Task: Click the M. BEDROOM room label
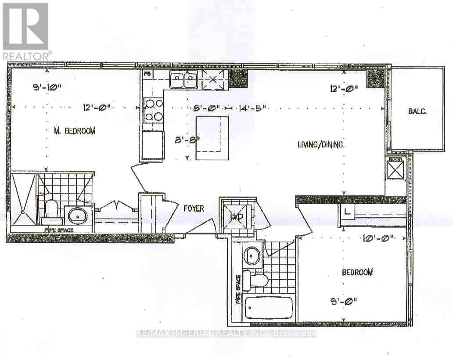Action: [74, 130]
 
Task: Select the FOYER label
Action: [193, 208]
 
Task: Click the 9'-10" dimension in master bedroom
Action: [47, 86]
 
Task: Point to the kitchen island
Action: [212, 138]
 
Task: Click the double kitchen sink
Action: [183, 80]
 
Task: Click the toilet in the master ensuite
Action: [51, 211]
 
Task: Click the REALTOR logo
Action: [25, 31]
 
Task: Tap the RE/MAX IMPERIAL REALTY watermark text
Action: [226, 334]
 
